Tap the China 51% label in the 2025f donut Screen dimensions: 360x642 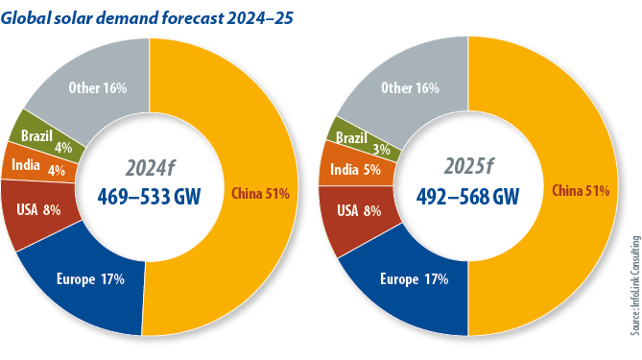581,191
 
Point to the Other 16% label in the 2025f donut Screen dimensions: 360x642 410,88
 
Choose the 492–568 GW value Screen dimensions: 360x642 468,196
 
